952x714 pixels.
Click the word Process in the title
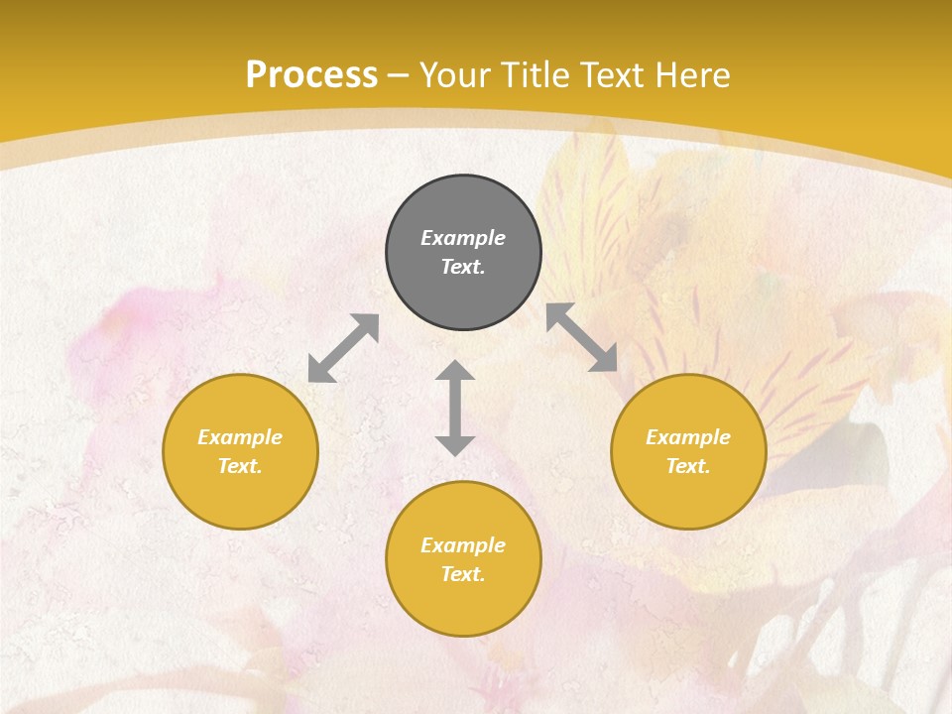[311, 75]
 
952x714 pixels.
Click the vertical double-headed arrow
[455, 408]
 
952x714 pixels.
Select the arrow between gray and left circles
[343, 348]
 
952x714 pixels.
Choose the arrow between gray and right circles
[582, 337]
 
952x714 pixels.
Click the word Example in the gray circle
[463, 238]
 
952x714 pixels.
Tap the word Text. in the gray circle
[463, 267]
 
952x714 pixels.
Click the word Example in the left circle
[240, 437]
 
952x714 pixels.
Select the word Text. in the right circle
[688, 466]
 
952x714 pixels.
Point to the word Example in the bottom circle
[463, 545]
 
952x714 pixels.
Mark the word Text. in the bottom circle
[463, 574]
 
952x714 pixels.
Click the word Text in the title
[614, 75]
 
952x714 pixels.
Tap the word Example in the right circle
[688, 437]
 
